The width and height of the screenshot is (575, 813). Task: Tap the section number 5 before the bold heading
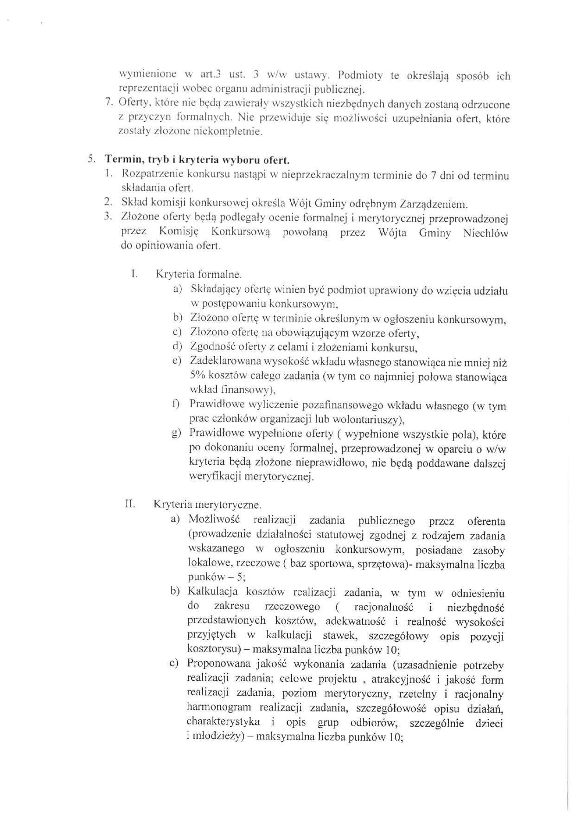pos(91,160)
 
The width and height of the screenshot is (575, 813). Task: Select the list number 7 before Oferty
pos(108,102)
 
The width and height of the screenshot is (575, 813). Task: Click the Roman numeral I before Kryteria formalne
pos(134,274)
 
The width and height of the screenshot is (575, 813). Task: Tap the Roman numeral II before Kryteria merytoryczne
pos(130,503)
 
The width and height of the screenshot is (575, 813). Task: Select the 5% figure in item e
pos(198,376)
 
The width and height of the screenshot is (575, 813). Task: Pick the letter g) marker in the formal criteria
pos(176,434)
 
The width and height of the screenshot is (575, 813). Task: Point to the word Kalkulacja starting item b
pos(212,591)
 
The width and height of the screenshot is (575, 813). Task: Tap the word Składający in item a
pos(214,290)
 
